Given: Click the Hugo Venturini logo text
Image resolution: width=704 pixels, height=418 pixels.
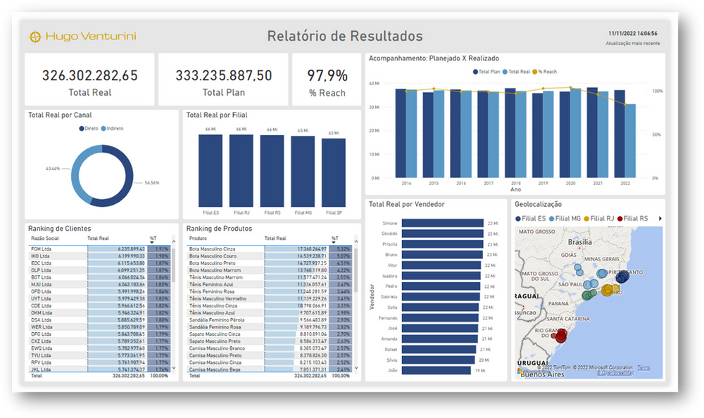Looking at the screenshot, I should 90,36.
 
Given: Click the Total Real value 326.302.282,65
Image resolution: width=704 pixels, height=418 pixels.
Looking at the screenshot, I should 89,75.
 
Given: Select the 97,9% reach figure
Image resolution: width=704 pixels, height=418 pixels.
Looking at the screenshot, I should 327,75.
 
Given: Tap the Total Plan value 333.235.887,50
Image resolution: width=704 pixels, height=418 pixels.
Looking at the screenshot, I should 223,75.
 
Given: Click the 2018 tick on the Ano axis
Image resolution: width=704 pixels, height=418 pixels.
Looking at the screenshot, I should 516,183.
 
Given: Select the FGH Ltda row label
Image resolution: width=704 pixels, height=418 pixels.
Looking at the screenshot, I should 41,248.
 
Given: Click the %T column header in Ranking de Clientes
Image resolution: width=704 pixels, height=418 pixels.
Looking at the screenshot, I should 154,239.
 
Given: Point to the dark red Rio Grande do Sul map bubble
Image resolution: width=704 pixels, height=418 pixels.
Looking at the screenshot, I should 560,336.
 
